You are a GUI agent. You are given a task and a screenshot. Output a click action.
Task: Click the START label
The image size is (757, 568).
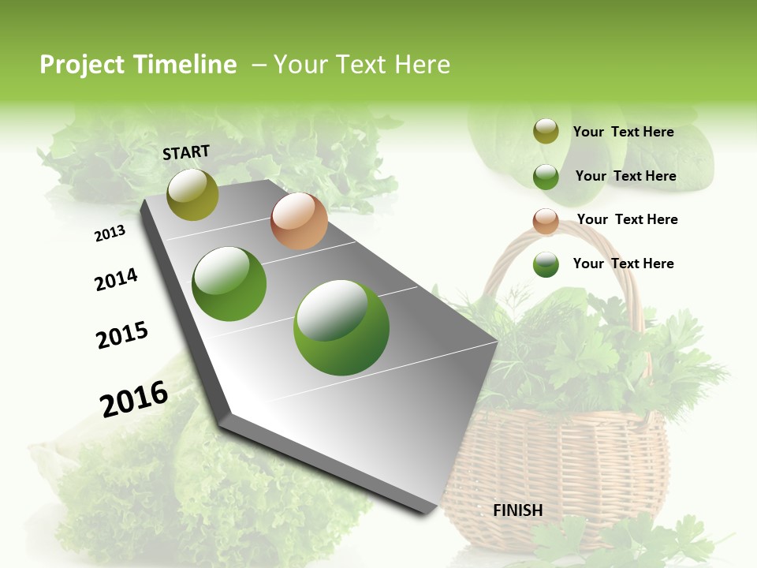click(x=186, y=152)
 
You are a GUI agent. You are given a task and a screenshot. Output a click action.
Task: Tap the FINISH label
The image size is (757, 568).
click(x=517, y=510)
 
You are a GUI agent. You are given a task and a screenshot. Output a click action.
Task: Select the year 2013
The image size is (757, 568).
click(x=110, y=234)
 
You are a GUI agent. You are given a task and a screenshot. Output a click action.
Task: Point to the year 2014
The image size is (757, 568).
click(x=116, y=280)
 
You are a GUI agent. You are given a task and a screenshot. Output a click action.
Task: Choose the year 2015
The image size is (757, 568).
click(x=122, y=335)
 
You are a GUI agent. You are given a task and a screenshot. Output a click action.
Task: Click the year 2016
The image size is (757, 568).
click(x=134, y=398)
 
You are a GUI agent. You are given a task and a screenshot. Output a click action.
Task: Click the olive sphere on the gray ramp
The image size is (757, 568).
click(x=192, y=194)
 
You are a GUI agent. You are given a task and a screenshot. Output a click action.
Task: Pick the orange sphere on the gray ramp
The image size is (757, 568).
click(x=299, y=221)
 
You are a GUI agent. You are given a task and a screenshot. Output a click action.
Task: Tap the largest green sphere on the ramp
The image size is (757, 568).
click(x=341, y=327)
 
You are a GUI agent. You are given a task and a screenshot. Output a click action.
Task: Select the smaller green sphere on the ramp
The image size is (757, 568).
click(x=229, y=284)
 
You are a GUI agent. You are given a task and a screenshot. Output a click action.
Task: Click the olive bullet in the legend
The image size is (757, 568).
click(x=546, y=132)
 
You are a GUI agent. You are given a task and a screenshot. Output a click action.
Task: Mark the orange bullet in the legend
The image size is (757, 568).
click(x=546, y=221)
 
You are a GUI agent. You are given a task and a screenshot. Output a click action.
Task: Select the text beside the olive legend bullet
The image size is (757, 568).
click(x=623, y=132)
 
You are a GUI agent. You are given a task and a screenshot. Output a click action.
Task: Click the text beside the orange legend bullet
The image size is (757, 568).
click(x=627, y=219)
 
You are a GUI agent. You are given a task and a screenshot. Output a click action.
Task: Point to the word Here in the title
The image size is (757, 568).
click(x=422, y=65)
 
